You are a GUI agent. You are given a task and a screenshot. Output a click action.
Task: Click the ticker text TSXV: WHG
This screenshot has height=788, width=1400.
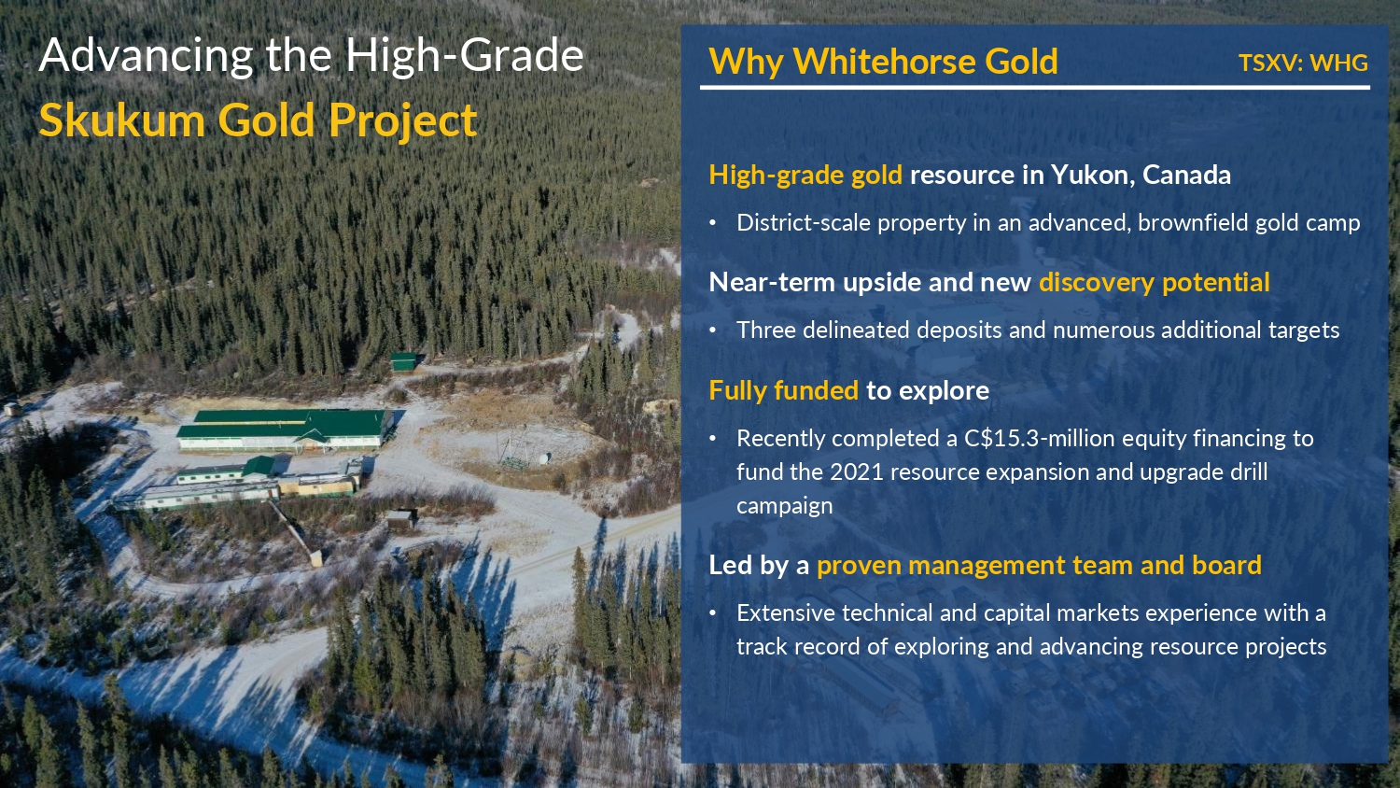[1303, 63]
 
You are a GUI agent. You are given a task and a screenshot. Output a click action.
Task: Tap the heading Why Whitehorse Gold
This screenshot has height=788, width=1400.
[883, 62]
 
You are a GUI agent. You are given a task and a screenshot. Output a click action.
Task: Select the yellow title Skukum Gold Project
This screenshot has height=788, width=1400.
[259, 120]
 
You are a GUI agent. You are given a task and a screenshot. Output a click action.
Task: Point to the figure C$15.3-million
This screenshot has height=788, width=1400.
[1039, 439]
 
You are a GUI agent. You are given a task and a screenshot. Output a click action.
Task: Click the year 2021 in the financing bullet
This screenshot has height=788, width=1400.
[856, 472]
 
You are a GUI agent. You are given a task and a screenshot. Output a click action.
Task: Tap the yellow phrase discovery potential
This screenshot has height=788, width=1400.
[1155, 283]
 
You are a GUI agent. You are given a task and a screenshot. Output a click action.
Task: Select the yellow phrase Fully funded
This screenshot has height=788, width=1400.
[784, 391]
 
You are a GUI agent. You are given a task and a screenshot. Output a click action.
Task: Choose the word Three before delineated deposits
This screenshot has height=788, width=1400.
[766, 331]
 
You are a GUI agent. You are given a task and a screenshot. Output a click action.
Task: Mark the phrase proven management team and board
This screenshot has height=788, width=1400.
[1039, 566]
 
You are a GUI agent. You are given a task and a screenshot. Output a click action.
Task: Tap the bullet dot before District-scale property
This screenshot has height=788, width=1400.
[712, 223]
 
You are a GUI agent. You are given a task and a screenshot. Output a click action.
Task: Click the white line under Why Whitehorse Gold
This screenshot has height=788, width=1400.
[1035, 88]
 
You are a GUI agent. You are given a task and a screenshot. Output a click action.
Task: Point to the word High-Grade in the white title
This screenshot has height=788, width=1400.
[465, 55]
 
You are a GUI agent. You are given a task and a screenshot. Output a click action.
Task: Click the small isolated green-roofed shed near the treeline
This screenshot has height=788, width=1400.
[404, 360]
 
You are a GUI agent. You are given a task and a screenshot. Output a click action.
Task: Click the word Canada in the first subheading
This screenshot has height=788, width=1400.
[1186, 175]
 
